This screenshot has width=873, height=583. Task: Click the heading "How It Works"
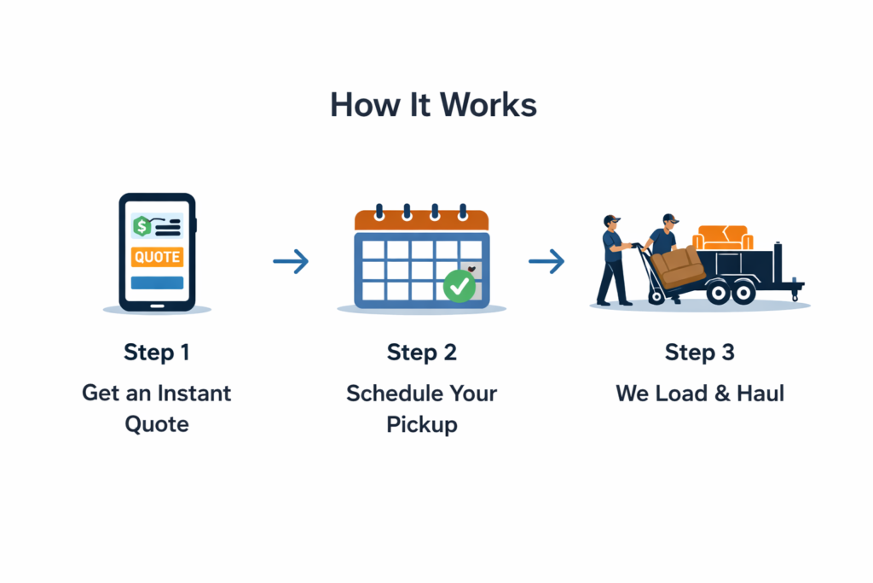point(433,105)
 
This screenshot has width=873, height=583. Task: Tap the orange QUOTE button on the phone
point(157,256)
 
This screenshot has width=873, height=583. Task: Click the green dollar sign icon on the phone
point(142,226)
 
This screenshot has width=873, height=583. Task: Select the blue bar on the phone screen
point(157,283)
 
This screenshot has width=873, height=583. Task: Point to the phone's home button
point(157,304)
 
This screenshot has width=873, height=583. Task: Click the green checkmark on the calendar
point(460,287)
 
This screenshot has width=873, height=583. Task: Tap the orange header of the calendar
point(421,220)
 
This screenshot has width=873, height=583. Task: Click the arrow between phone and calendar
point(291,262)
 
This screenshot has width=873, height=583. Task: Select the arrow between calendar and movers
point(546,262)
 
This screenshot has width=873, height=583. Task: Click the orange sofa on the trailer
point(722,237)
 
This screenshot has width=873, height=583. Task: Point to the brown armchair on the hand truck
point(682,267)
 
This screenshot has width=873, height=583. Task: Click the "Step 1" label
point(157,353)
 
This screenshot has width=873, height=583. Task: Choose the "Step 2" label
point(421,353)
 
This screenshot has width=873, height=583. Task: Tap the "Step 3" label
point(700,353)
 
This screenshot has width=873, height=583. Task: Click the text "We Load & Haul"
point(700,394)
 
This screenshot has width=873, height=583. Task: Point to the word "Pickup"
point(421,424)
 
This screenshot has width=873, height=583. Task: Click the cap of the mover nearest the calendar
point(611,220)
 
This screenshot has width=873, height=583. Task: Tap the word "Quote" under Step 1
point(157,424)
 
